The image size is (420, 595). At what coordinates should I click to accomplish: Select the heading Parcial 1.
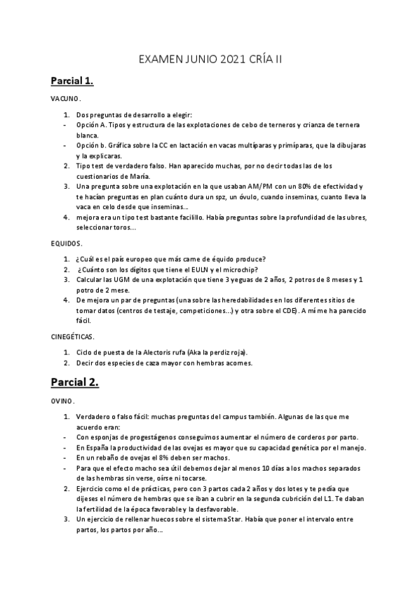[72, 81]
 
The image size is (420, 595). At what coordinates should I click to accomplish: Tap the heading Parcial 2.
[74, 382]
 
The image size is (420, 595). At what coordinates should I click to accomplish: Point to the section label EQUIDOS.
[67, 243]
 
